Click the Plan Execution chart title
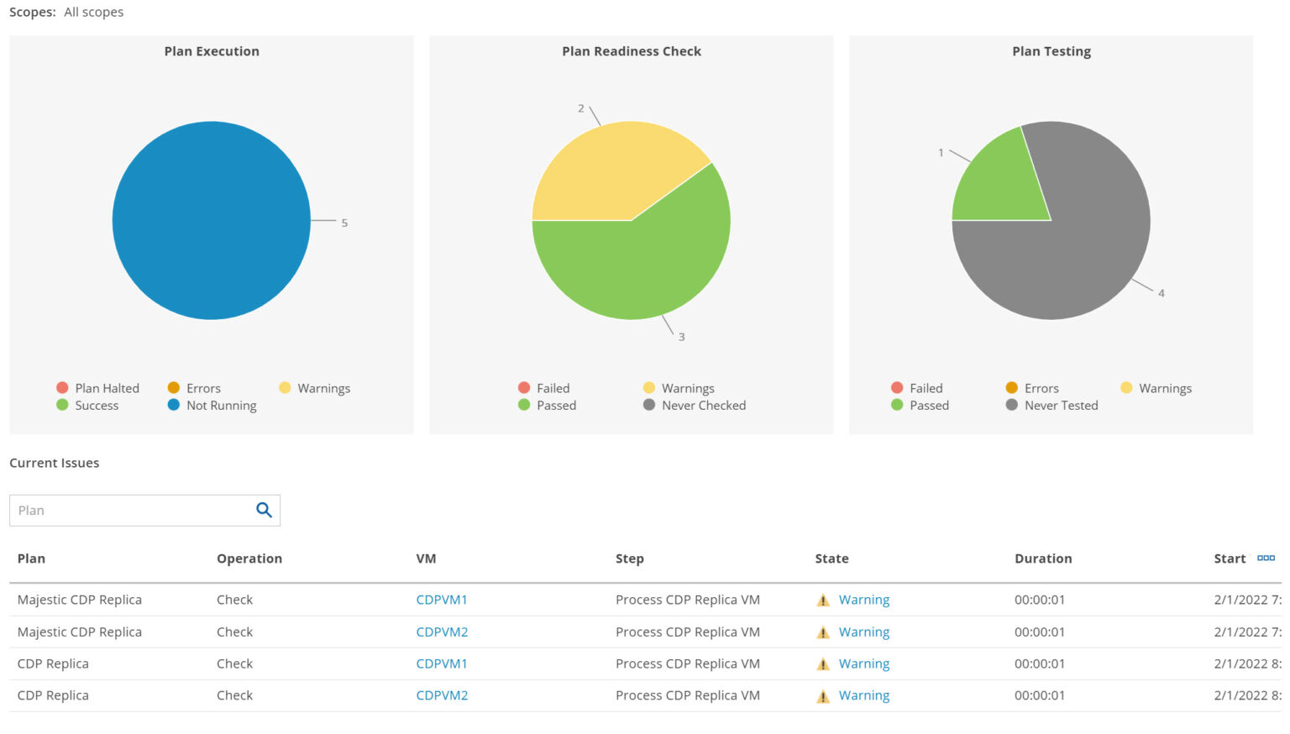pos(212,51)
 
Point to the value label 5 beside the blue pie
pos(344,223)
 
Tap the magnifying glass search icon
pos(264,510)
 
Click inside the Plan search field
pos(130,511)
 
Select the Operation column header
pos(249,558)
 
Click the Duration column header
pos(1043,558)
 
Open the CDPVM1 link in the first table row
pos(442,600)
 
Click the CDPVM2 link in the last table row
pos(442,695)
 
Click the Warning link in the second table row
pos(864,632)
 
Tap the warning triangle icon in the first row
pos(823,600)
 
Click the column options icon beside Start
pos(1266,558)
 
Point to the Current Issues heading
pos(55,463)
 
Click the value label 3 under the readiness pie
pos(682,337)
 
